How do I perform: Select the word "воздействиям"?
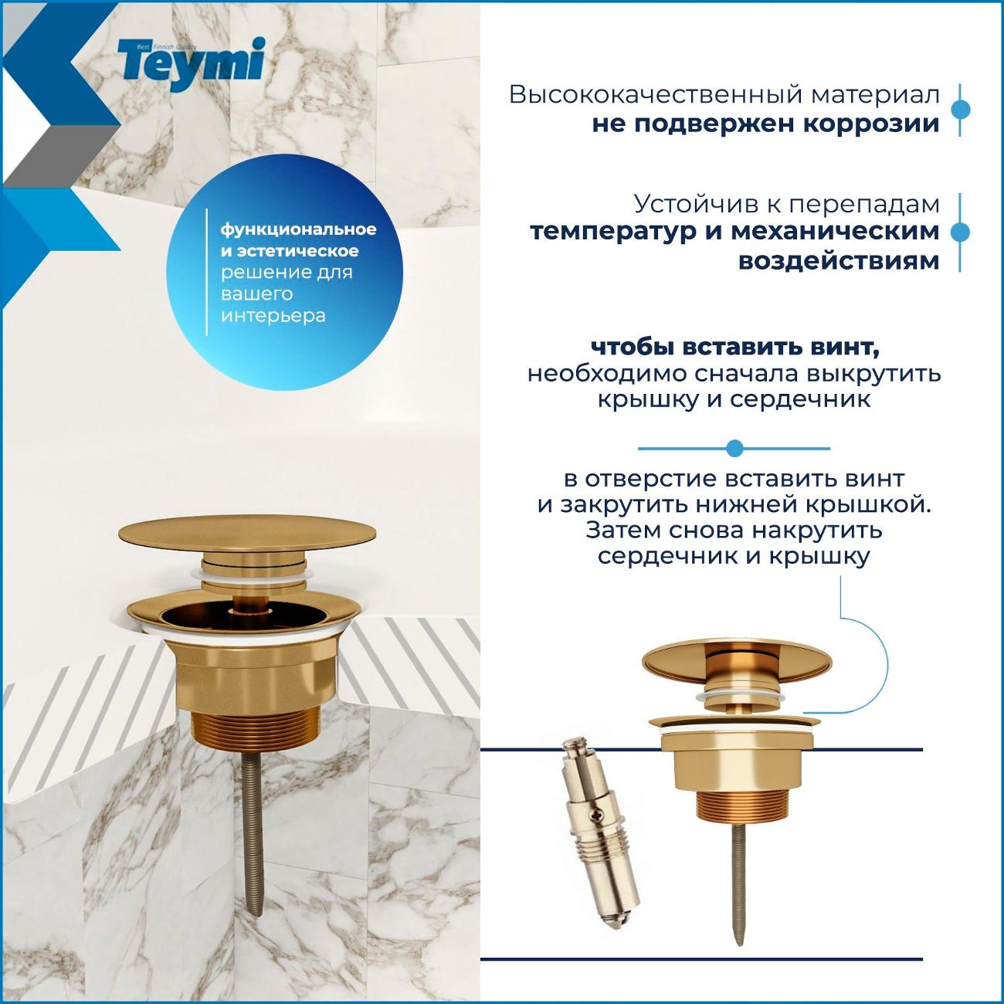tap(839, 260)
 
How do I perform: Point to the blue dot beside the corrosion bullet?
tap(960, 110)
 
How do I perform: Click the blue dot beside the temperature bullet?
tap(960, 232)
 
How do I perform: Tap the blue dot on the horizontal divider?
tap(734, 448)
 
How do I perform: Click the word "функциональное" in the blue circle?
tap(299, 230)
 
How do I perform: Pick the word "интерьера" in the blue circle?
tap(273, 316)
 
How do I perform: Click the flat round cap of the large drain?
tap(247, 535)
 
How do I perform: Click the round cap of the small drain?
tap(737, 662)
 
